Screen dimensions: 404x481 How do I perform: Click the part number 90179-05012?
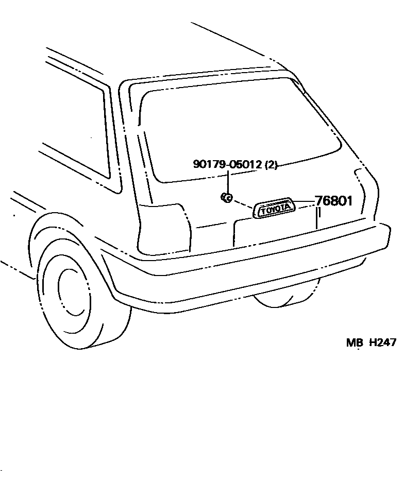(x=227, y=165)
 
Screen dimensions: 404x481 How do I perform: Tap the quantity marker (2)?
(x=271, y=165)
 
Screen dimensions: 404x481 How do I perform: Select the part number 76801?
(x=333, y=201)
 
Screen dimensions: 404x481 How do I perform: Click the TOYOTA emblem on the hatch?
(x=275, y=209)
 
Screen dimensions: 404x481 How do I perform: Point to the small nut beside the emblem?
(x=226, y=196)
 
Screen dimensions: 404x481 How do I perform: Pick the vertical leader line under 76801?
(x=318, y=218)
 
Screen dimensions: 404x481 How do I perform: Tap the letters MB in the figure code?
(x=355, y=342)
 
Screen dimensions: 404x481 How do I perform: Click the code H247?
(x=382, y=342)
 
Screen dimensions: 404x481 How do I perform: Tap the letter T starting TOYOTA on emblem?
(x=262, y=211)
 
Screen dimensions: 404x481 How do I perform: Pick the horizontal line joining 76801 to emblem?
(x=305, y=201)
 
